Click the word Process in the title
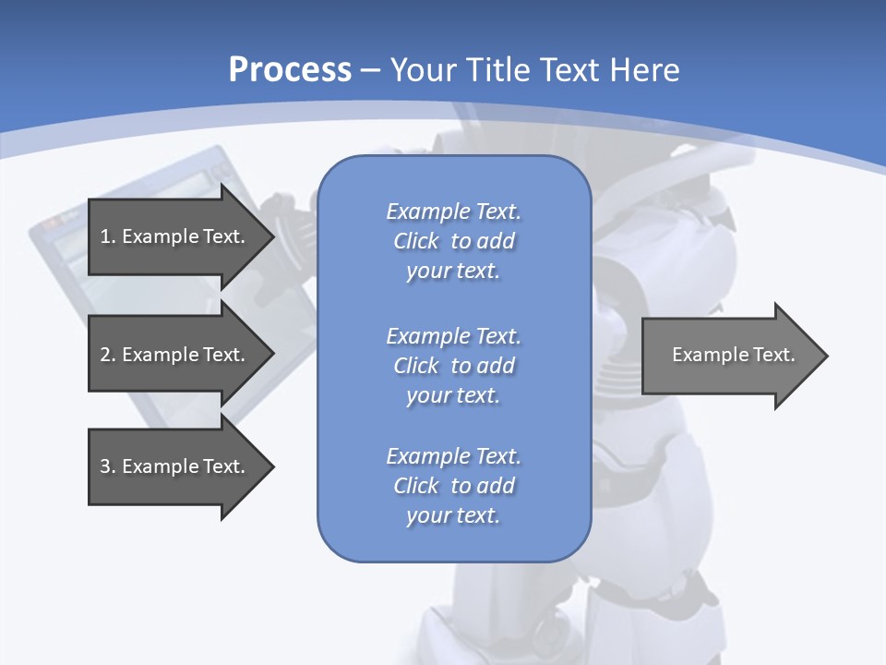point(290,70)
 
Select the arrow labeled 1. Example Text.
point(172,236)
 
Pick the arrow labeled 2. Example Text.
point(172,355)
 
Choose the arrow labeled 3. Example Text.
point(172,466)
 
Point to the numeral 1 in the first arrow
point(104,236)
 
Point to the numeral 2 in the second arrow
point(104,355)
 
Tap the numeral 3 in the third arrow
point(104,466)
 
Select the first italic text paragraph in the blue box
point(453,241)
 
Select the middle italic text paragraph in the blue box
point(453,365)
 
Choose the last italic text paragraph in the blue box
point(453,486)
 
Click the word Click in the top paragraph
point(415,241)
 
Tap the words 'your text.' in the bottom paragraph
point(453,515)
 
